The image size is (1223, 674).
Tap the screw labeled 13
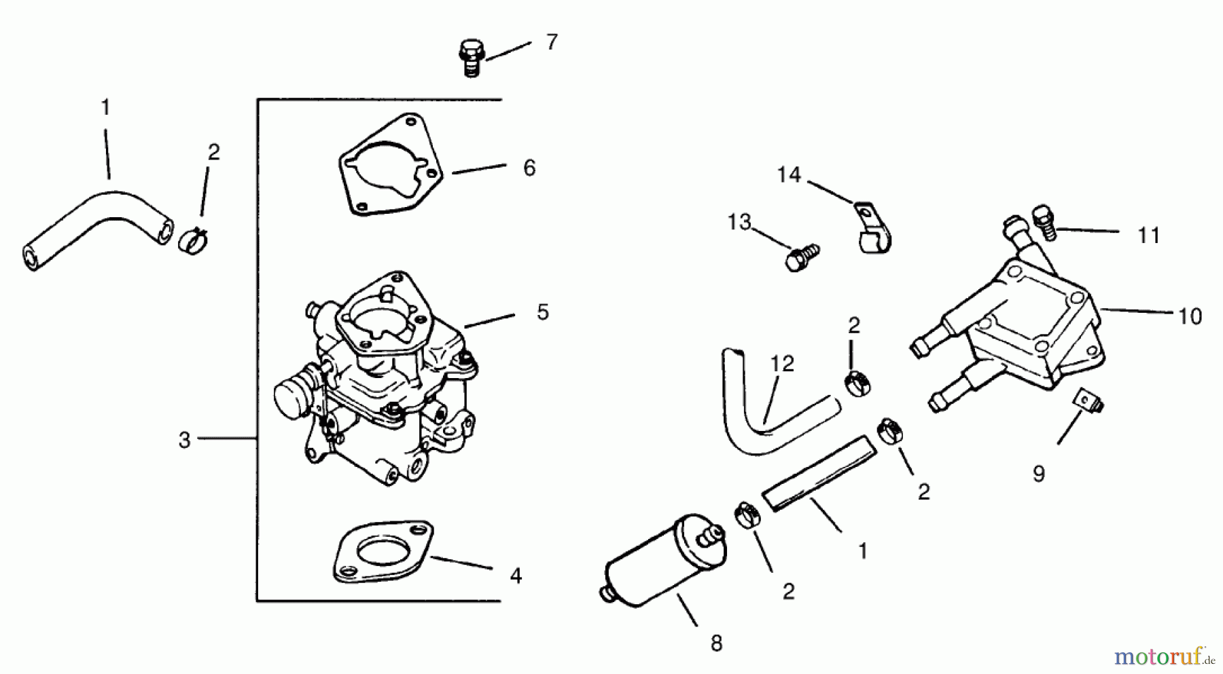coord(801,257)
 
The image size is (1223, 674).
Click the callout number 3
coord(184,440)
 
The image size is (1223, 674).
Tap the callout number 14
coord(789,175)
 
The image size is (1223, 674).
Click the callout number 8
coord(716,643)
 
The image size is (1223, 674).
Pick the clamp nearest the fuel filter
coord(747,517)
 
